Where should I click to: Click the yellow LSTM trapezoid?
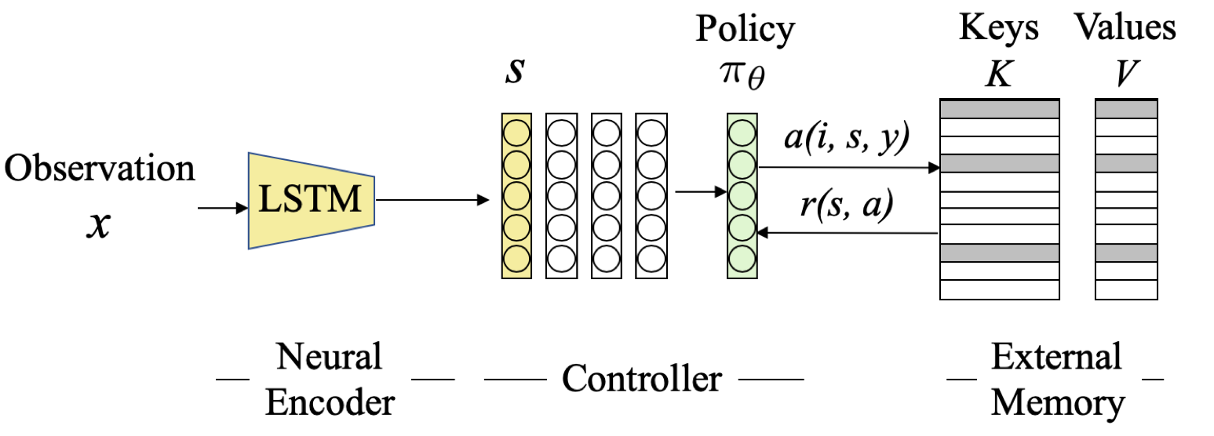point(311,201)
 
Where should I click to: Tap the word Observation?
point(100,168)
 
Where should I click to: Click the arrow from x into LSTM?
point(222,209)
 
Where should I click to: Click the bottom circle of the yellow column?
point(516,258)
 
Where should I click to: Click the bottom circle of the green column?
point(742,258)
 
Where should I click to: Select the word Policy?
point(745,30)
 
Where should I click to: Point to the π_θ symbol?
point(744,78)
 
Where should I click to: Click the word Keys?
point(999,28)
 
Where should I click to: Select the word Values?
point(1125,28)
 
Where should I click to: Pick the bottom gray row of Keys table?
point(999,253)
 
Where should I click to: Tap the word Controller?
point(642,379)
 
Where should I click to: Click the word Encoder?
point(330,404)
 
